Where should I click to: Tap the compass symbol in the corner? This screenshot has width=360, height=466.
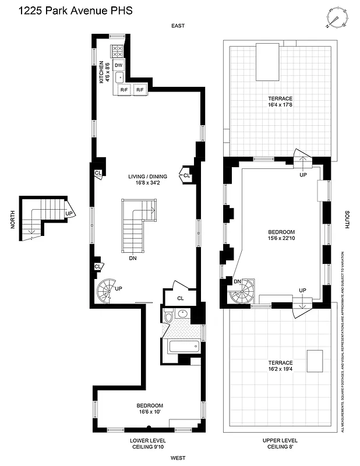336,17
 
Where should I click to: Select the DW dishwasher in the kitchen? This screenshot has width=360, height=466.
118,65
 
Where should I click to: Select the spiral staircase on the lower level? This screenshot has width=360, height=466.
108,291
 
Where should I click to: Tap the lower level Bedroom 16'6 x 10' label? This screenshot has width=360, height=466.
150,408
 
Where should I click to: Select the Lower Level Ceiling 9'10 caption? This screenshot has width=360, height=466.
149,444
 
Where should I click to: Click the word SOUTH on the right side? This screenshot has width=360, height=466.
347,220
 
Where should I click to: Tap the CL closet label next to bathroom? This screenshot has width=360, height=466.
180,298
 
